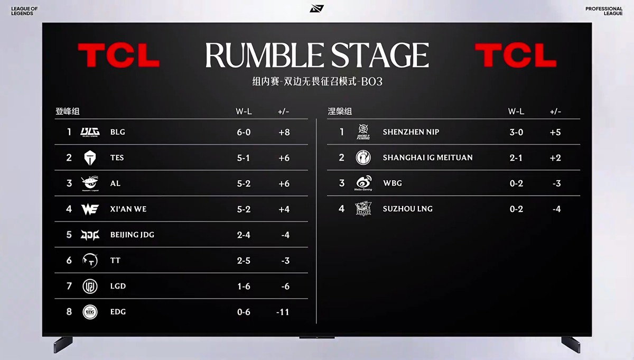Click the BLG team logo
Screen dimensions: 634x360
(x=90, y=132)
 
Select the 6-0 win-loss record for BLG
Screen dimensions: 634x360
(x=244, y=132)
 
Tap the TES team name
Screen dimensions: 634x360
(x=117, y=158)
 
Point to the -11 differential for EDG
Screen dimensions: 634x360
(x=283, y=312)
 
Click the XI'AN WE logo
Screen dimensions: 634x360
(x=90, y=209)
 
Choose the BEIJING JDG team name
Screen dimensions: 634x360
(x=132, y=235)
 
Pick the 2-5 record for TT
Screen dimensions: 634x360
(x=244, y=261)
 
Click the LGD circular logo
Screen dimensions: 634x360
(x=90, y=286)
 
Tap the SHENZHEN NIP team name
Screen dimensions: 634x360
(x=411, y=132)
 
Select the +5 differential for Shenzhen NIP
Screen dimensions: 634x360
(x=555, y=132)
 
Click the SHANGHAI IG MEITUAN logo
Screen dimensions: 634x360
(x=363, y=158)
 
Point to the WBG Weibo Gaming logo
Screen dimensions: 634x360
(x=363, y=183)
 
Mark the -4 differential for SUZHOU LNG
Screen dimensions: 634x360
(x=557, y=209)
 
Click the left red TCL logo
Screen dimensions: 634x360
(x=119, y=55)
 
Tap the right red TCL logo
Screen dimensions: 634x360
(x=516, y=55)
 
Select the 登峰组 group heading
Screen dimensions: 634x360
(x=68, y=112)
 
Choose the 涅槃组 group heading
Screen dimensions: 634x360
(x=340, y=112)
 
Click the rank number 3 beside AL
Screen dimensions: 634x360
(x=69, y=183)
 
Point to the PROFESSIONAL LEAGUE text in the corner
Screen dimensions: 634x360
(x=604, y=11)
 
